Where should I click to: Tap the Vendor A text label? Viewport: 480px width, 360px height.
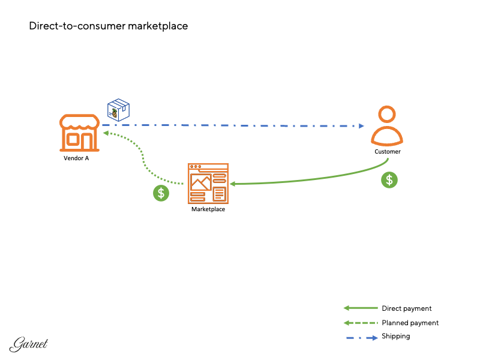point(76,158)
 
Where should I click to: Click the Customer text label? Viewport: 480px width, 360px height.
point(388,152)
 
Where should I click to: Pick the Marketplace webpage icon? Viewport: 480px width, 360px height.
point(208,183)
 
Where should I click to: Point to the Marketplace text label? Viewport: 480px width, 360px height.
point(208,209)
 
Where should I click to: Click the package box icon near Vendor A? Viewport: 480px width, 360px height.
point(118,109)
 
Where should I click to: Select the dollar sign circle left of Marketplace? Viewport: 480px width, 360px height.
point(160,193)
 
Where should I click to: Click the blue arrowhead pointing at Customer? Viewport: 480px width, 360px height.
point(361,126)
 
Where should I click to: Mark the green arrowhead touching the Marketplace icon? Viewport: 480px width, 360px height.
point(232,184)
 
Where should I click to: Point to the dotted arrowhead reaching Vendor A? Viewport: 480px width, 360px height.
point(106,134)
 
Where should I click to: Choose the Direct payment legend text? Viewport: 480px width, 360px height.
point(406,308)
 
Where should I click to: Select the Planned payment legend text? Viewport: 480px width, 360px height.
point(410,323)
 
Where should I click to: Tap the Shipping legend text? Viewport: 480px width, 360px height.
point(395,336)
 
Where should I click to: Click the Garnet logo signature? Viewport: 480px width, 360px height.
point(29,344)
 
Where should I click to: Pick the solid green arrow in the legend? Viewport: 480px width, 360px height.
point(361,308)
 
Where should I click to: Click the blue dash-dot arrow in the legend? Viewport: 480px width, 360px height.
point(361,337)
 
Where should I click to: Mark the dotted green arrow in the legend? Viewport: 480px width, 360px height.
point(361,323)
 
